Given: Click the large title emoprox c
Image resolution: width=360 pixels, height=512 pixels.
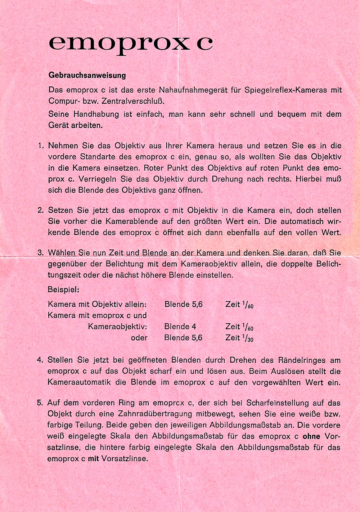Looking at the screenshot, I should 130,43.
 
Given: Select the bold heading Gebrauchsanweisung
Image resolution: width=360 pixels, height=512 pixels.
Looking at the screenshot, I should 87,76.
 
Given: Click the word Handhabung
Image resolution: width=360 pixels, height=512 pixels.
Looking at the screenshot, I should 96,114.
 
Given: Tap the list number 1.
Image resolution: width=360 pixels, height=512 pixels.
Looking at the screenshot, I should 41,146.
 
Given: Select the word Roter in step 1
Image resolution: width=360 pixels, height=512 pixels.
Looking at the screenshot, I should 154,168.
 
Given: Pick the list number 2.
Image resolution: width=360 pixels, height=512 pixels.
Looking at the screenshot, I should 41,210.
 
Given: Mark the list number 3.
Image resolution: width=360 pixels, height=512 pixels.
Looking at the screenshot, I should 41,253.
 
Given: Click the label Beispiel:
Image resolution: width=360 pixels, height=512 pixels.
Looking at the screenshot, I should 63,289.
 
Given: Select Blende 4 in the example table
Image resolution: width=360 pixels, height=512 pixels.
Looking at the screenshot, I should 180,327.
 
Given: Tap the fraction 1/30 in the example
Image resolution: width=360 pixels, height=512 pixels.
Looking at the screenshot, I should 248,338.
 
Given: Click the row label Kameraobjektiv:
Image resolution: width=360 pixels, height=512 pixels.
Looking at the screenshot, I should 118,327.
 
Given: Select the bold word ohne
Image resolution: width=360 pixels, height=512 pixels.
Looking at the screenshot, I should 311,436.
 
